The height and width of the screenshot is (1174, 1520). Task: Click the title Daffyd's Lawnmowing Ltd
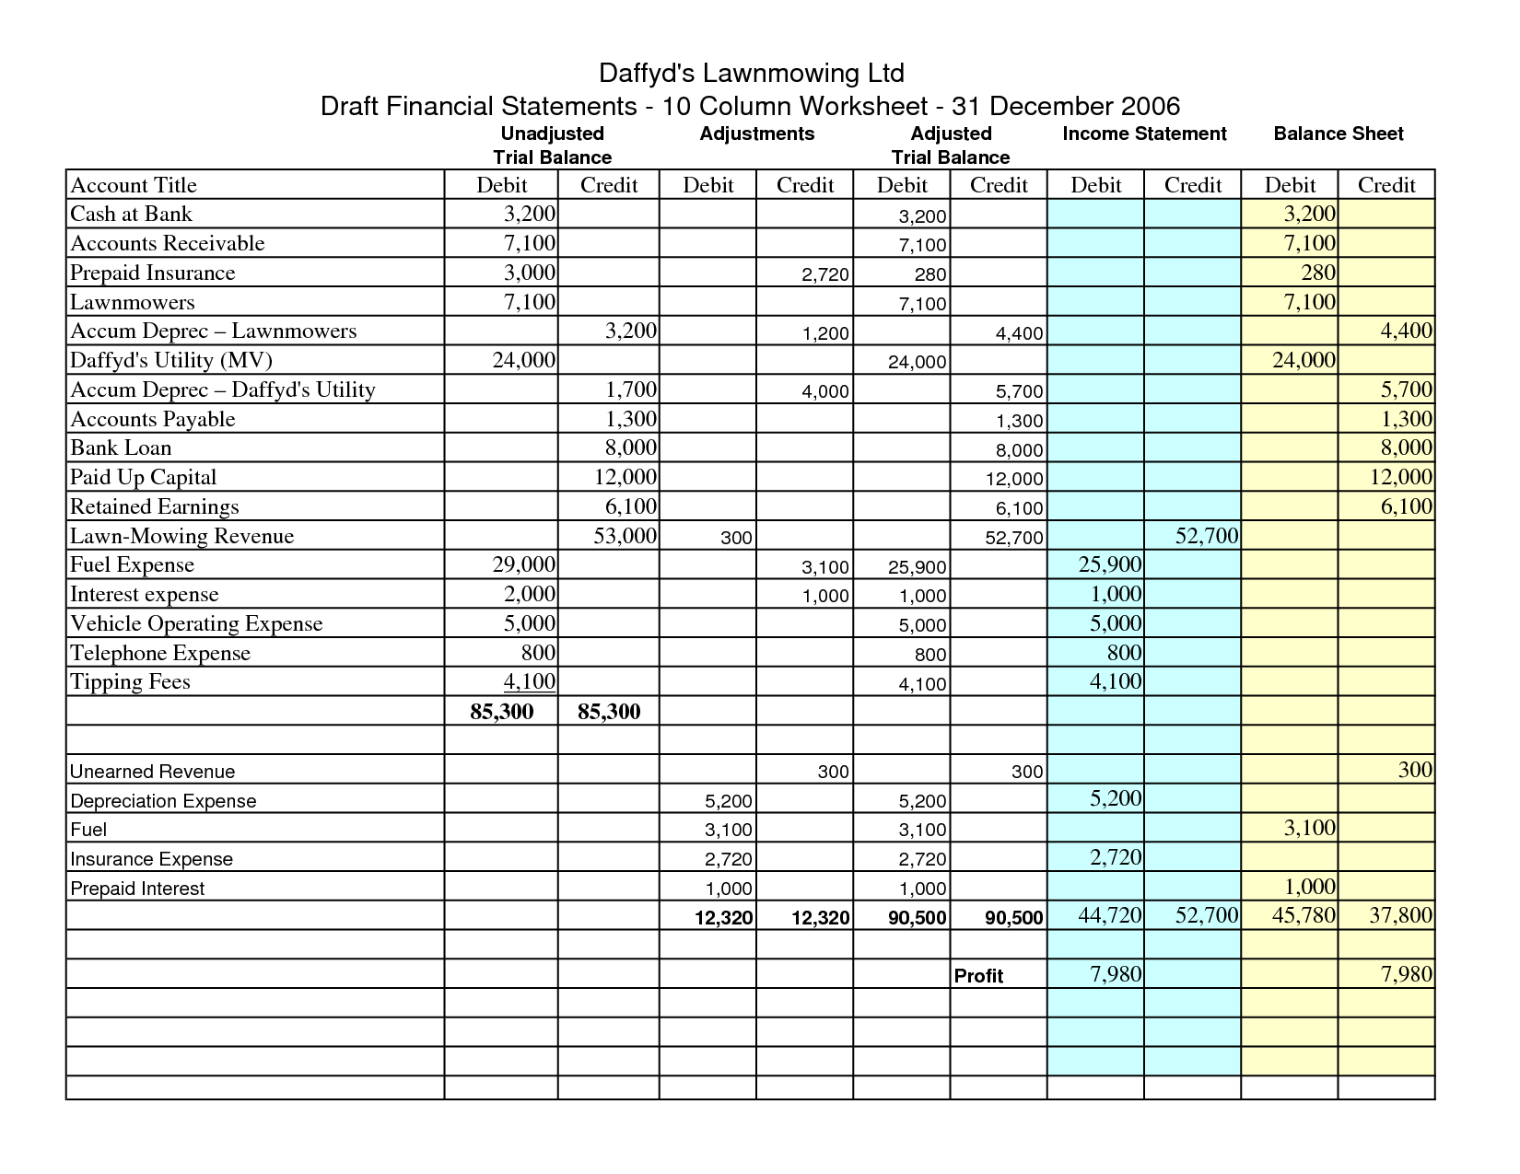tap(751, 73)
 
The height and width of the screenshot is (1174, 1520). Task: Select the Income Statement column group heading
tap(1144, 134)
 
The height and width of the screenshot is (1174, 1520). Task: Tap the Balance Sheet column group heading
tap(1338, 134)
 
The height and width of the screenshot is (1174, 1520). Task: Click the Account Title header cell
tap(134, 185)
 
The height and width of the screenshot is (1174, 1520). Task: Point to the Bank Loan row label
tap(121, 448)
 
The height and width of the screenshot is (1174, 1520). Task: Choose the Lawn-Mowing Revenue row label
tap(181, 536)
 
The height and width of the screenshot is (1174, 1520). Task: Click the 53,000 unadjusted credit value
tap(625, 536)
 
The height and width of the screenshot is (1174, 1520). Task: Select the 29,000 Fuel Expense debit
tap(524, 565)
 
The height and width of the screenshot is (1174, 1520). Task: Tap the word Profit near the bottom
tap(978, 976)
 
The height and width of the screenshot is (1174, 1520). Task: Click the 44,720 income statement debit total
tap(1109, 915)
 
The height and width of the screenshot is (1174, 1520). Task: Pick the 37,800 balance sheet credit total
tap(1400, 915)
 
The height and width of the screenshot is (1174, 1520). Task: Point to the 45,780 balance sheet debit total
tap(1303, 915)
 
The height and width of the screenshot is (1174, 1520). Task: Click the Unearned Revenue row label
tap(152, 772)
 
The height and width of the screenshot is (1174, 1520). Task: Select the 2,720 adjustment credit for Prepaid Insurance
tap(825, 274)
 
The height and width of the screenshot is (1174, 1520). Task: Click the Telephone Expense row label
tap(160, 653)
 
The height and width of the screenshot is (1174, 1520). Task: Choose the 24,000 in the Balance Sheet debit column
tap(1304, 360)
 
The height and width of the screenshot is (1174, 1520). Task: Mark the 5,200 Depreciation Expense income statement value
tap(1115, 798)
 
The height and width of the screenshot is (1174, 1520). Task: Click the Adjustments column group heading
tap(756, 134)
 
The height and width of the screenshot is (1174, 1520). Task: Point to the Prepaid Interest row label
tap(137, 889)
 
